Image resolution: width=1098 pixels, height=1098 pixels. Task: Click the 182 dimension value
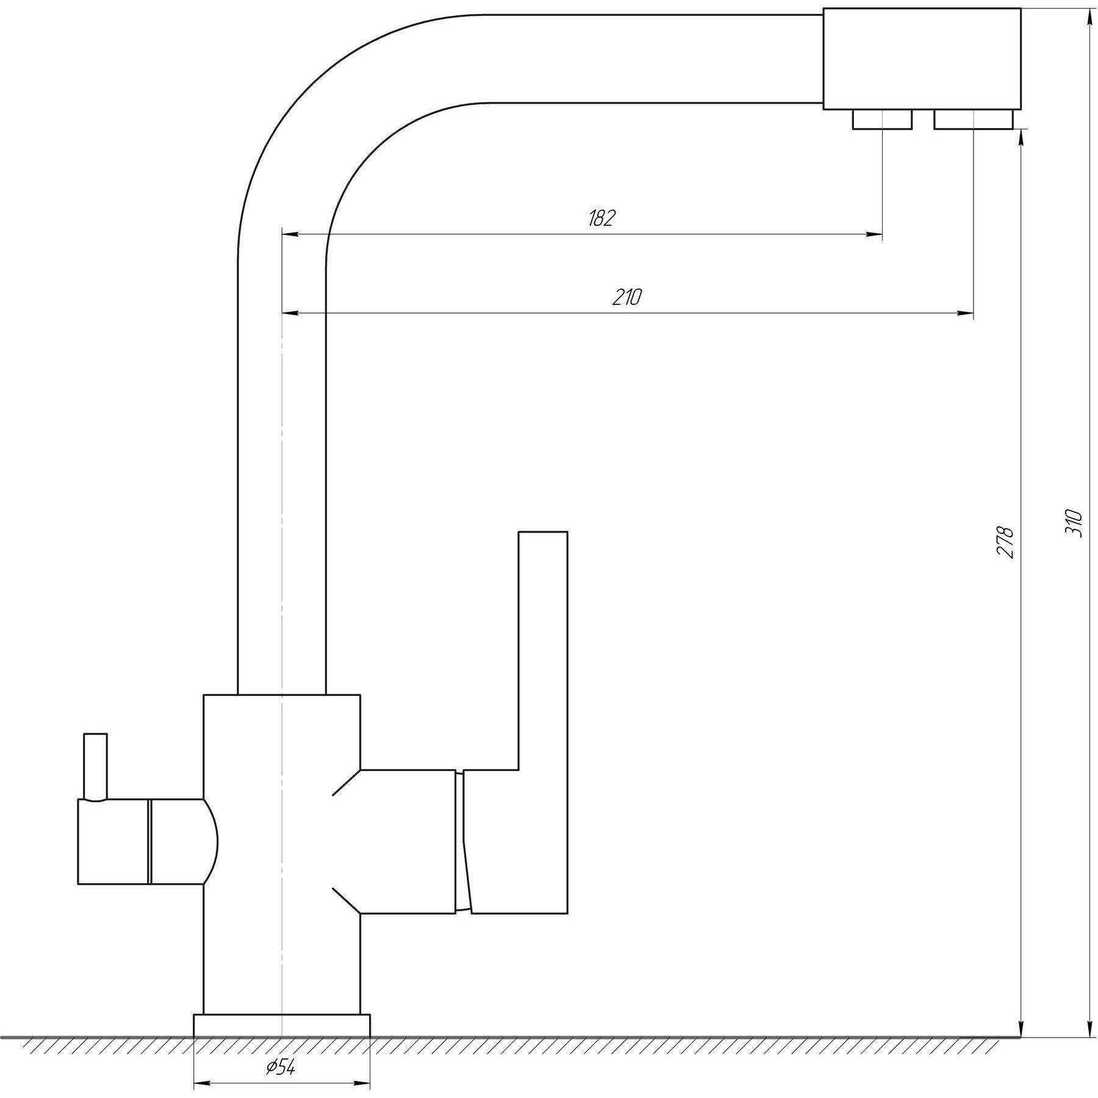pyautogui.click(x=602, y=218)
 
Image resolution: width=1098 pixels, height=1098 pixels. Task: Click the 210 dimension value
pyautogui.click(x=627, y=297)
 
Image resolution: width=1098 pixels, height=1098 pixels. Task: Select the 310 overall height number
pyautogui.click(x=1073, y=522)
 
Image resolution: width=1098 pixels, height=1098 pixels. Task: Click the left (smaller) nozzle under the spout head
pyautogui.click(x=882, y=120)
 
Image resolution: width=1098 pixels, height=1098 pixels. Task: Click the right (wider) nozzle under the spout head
pyautogui.click(x=974, y=120)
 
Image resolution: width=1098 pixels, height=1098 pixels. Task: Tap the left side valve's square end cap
pyautogui.click(x=113, y=841)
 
